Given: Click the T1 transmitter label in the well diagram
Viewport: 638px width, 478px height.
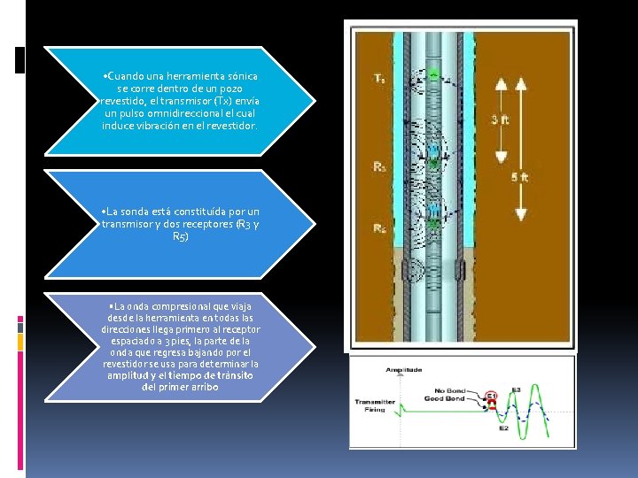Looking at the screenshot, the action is point(379,79).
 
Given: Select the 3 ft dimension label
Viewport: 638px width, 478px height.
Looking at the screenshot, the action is point(500,119).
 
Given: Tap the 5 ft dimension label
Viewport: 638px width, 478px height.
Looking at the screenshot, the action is point(520,177).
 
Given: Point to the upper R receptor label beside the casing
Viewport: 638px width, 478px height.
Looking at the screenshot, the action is point(379,166).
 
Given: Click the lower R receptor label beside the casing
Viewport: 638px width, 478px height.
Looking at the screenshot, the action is point(379,229).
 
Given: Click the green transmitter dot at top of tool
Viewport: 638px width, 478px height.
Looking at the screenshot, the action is point(434,77).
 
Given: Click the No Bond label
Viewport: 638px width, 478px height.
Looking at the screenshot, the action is point(451,390).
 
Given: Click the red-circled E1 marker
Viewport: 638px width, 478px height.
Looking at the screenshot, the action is point(491,397).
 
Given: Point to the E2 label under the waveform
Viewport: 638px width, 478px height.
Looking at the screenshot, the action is point(502,428).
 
